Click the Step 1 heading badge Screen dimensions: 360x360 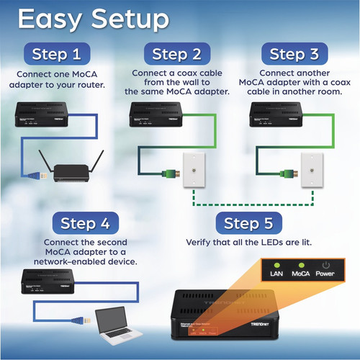click(62, 54)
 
